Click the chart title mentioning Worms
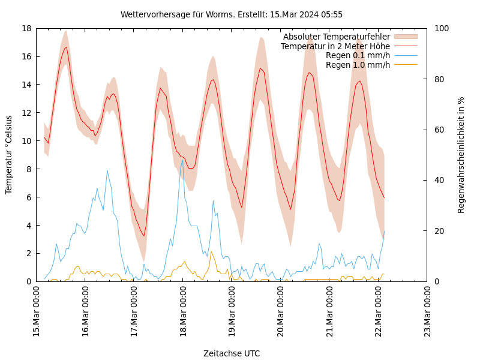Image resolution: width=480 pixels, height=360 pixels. click(x=232, y=14)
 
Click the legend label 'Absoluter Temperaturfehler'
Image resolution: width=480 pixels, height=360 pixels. click(x=337, y=37)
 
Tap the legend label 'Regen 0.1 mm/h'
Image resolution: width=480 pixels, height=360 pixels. click(x=358, y=56)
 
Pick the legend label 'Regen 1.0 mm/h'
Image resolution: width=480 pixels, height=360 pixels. click(x=358, y=65)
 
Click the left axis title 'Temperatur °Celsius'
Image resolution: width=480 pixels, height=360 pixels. click(x=9, y=155)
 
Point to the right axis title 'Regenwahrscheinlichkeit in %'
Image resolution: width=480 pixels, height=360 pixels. click(x=461, y=155)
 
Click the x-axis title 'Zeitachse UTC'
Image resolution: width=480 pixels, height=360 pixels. click(x=232, y=353)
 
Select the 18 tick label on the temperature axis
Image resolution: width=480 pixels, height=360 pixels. click(x=26, y=28)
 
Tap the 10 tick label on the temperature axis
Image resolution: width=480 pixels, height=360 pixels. click(x=26, y=141)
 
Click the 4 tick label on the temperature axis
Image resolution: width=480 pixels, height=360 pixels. click(x=28, y=226)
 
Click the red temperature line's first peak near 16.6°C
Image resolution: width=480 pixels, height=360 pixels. click(x=66, y=47)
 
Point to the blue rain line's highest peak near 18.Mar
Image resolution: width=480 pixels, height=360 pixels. click(x=182, y=160)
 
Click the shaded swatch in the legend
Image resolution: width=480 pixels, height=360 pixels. click(x=406, y=37)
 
